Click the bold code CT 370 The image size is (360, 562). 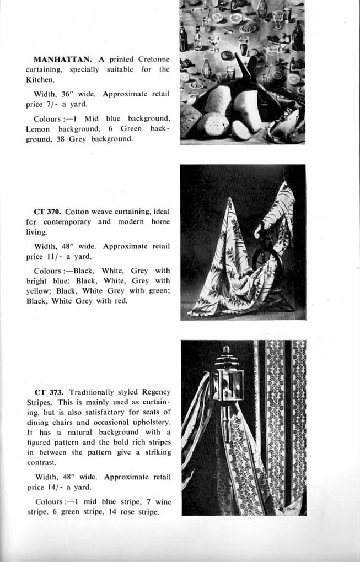click(x=46, y=211)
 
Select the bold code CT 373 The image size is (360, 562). click(x=49, y=392)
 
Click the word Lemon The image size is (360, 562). click(x=37, y=128)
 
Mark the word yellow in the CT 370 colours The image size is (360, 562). click(x=37, y=290)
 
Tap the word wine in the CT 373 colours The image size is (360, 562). click(x=163, y=502)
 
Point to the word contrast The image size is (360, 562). click(x=41, y=463)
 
